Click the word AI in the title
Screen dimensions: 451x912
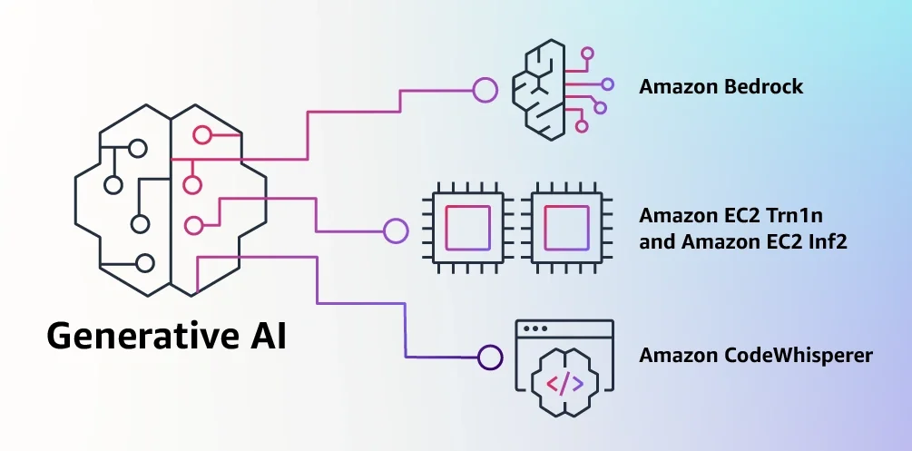click(264, 336)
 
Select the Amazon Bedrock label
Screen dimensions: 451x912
click(721, 88)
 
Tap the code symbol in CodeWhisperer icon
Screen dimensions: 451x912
click(565, 383)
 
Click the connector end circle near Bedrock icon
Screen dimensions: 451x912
click(485, 89)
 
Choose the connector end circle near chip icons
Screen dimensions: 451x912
click(396, 230)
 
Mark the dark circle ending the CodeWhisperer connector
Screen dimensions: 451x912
click(490, 357)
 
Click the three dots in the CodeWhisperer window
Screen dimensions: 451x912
click(536, 328)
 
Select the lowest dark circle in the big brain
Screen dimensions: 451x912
click(144, 263)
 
